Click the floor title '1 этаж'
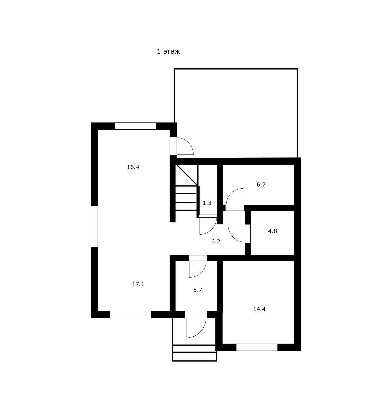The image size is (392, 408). pyautogui.click(x=168, y=51)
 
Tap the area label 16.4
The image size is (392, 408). pyautogui.click(x=133, y=167)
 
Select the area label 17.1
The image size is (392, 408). pyautogui.click(x=138, y=284)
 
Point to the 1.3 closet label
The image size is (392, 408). pyautogui.click(x=207, y=203)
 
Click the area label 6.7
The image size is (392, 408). pyautogui.click(x=261, y=185)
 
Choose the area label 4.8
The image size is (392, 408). pyautogui.click(x=273, y=231)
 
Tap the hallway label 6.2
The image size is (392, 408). pyautogui.click(x=216, y=241)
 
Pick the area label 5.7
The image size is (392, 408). pyautogui.click(x=198, y=290)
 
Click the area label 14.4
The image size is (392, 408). pyautogui.click(x=259, y=309)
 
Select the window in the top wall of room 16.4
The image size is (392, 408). pyautogui.click(x=136, y=126)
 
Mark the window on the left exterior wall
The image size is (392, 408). pyautogui.click(x=94, y=226)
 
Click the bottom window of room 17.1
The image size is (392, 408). pyautogui.click(x=131, y=314)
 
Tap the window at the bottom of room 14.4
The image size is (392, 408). pyautogui.click(x=257, y=347)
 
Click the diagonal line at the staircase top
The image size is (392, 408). pyautogui.click(x=187, y=175)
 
